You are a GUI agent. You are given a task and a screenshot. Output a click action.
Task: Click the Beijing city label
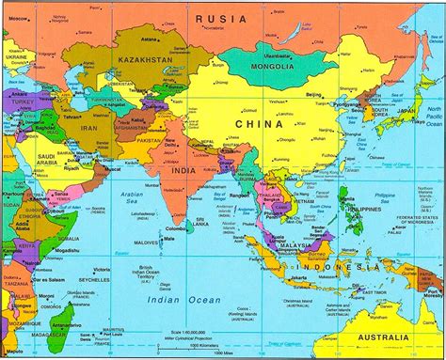314,96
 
